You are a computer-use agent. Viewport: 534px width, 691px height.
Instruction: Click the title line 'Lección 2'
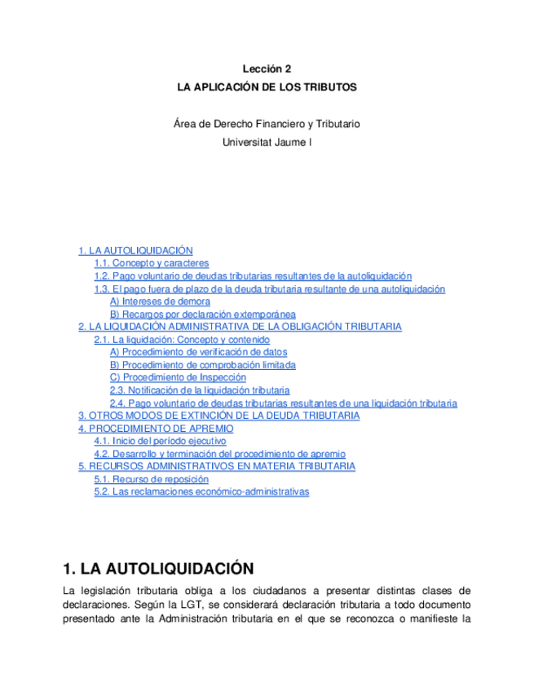coord(267,70)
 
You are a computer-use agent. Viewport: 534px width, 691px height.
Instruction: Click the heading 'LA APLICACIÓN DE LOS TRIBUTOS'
coord(267,86)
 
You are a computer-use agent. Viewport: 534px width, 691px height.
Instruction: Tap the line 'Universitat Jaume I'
coord(267,142)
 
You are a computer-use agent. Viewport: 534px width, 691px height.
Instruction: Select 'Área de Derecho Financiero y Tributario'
coord(267,124)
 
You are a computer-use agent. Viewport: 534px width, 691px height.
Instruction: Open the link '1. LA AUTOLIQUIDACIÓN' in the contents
coord(135,251)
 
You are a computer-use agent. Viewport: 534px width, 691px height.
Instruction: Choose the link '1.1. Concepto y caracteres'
coord(151,264)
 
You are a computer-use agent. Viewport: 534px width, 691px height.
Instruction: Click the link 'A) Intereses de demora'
coord(160,301)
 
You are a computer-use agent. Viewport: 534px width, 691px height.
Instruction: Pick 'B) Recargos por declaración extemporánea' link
coord(202,315)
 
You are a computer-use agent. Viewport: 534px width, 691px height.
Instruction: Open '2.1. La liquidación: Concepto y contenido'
coord(182,340)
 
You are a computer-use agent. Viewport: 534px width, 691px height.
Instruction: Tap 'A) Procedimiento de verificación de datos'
coord(198,352)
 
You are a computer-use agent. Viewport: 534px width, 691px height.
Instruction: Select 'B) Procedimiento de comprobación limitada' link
coord(202,365)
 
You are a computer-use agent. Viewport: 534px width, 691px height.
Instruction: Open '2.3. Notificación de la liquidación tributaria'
coord(200,390)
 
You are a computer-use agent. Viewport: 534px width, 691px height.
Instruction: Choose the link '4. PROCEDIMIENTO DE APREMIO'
coord(156,429)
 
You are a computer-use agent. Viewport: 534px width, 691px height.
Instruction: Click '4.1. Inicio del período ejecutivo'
coord(160,441)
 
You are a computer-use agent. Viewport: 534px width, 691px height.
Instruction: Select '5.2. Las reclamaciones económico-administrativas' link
coord(201,492)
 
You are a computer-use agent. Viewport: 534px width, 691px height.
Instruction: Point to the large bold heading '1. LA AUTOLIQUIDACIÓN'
coord(158,568)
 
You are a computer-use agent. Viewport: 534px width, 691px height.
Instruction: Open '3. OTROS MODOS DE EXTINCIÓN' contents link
coord(218,416)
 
